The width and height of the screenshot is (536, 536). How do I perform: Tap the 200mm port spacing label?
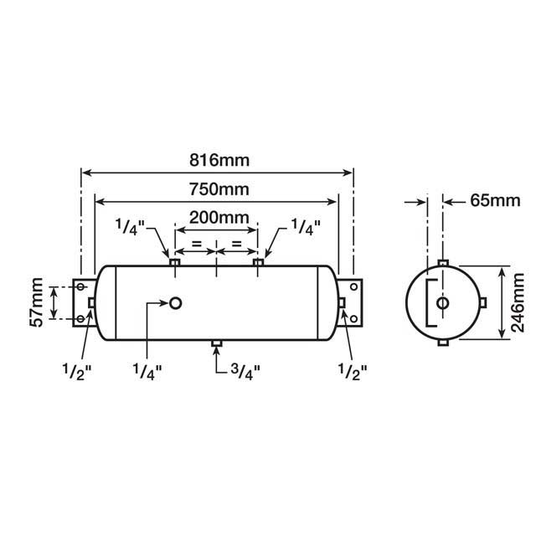coord(219,217)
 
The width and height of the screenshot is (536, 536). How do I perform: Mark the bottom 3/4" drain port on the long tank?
coord(216,343)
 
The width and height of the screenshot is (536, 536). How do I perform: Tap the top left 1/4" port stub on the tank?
coord(175,264)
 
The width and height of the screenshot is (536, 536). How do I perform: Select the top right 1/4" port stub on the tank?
coord(258,264)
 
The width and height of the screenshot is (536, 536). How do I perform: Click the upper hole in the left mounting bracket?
coord(81,287)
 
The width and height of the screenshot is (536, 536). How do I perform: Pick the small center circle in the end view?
coord(443,303)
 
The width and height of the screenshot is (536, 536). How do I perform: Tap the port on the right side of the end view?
coord(483,302)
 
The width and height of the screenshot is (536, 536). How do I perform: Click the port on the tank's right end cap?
coord(341,302)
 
